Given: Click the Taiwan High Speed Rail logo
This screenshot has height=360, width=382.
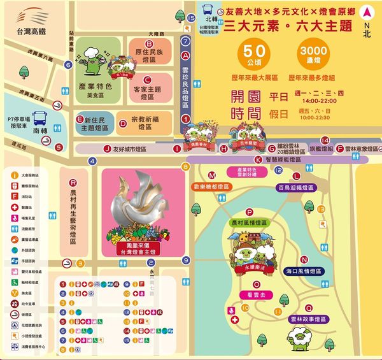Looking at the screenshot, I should pos(27,17).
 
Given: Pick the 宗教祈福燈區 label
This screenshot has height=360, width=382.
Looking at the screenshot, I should pos(143,122).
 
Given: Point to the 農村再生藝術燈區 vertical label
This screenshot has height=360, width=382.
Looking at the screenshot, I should pos(74,216).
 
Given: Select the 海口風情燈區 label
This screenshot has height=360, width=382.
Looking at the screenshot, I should pos(304,271).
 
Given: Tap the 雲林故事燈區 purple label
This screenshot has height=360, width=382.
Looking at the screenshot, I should pos(308,319).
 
